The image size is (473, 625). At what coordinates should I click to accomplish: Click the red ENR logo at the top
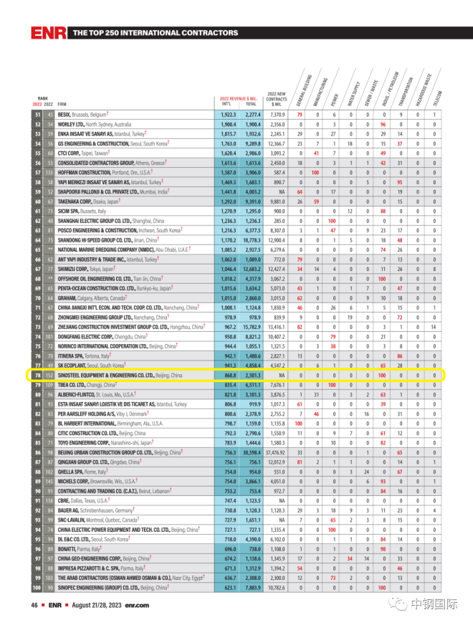coord(48,33)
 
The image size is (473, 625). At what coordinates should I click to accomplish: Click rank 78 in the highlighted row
coord(36,375)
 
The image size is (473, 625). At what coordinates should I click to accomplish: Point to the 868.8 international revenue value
coord(227,375)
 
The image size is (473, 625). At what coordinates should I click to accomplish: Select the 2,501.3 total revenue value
coord(252,375)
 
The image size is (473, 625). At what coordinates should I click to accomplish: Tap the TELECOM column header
coord(438,98)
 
